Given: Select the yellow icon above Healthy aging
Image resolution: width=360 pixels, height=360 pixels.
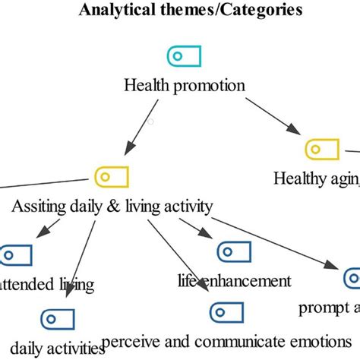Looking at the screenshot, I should coord(321,149).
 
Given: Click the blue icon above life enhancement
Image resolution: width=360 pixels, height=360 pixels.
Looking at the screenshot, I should coord(234,251).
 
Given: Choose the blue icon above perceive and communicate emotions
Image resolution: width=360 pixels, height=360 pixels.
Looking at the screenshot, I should coord(226,311).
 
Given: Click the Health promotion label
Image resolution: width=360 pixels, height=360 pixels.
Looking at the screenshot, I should coord(185,84).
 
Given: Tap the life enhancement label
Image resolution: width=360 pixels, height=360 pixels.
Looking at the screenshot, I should coord(234,280).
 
